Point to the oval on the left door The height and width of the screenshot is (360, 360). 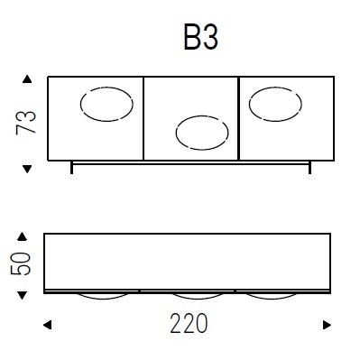coord(106,105)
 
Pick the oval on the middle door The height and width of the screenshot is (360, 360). coord(202,133)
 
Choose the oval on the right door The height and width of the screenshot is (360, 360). coord(275,105)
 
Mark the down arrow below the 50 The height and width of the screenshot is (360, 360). coord(24,293)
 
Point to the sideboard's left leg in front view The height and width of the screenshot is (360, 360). coord(72,167)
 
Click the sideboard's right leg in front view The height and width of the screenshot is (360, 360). coord(309,167)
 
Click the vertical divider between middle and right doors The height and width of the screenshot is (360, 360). coord(238,119)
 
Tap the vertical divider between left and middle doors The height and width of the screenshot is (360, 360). coord(143,119)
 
